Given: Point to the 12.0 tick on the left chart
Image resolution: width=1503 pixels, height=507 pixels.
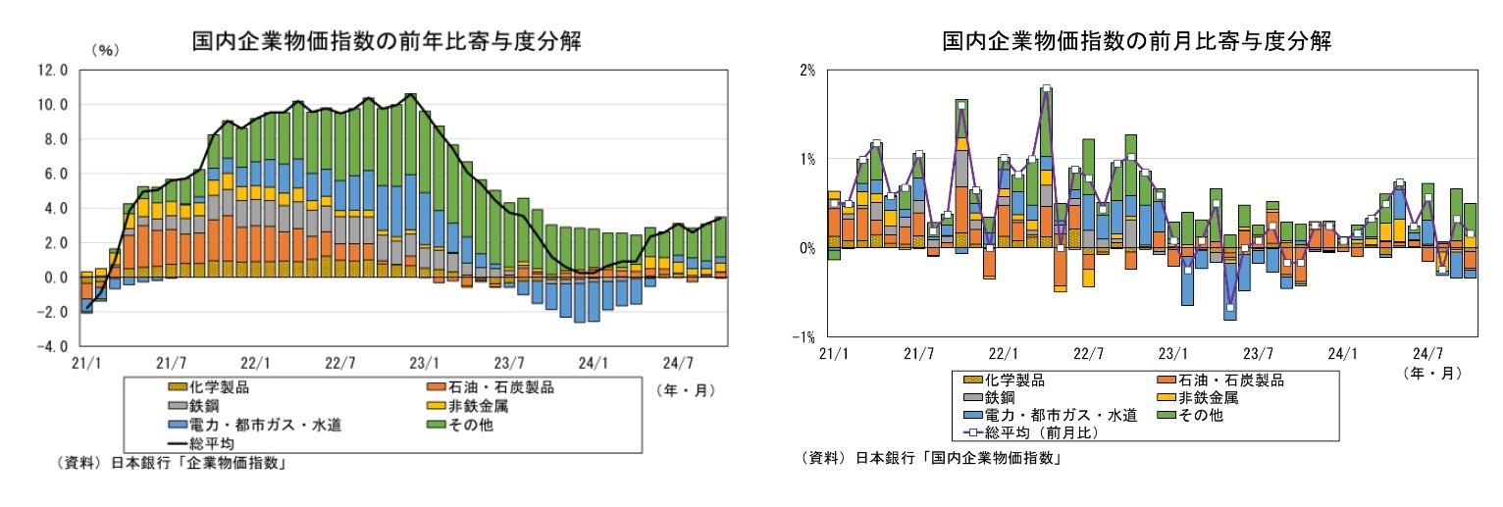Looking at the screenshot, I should (x=50, y=71).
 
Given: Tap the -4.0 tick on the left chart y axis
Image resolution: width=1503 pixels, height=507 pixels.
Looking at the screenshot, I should (x=50, y=347).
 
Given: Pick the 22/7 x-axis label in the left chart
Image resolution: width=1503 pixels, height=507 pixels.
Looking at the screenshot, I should (x=339, y=363).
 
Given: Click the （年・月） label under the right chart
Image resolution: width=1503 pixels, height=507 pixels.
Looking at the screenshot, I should (x=1432, y=373).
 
